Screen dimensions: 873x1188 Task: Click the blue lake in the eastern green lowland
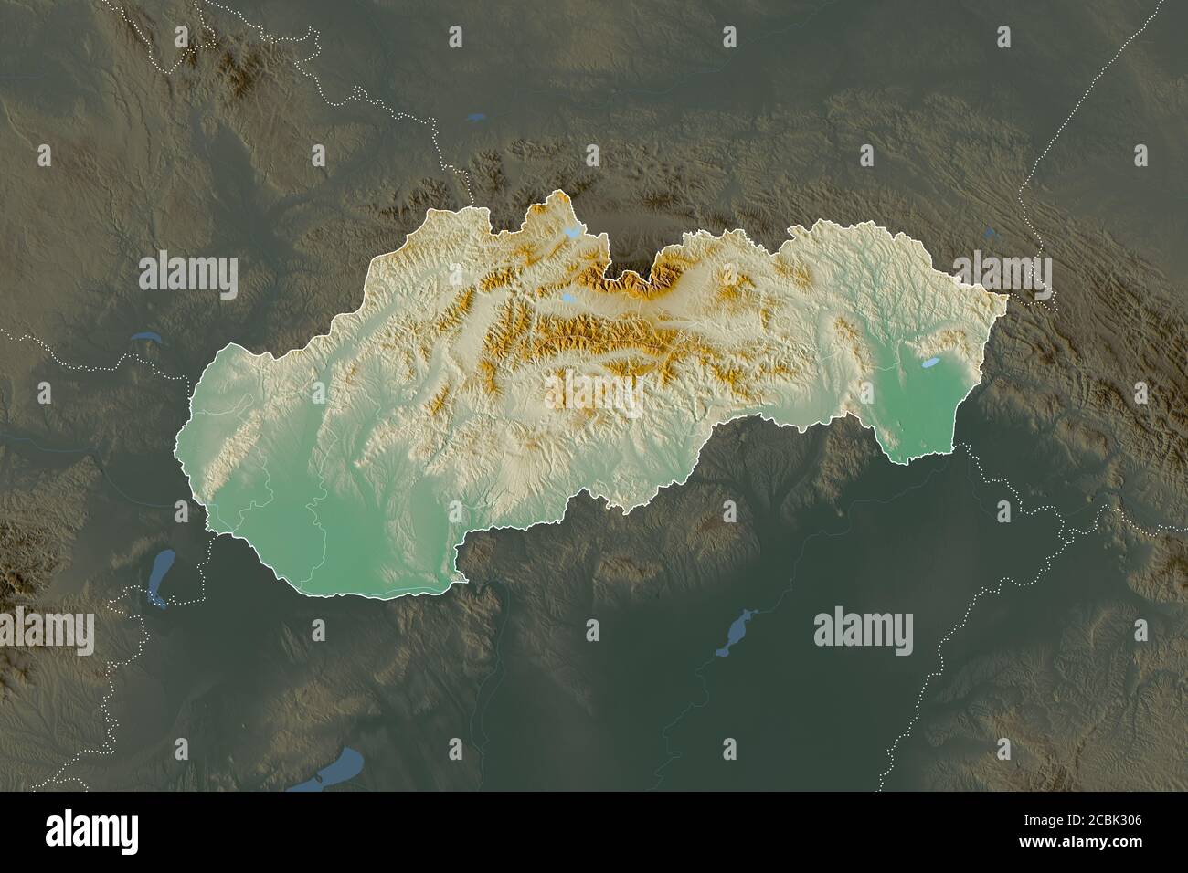click(x=929, y=363)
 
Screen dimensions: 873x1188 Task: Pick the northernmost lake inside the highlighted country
click(x=573, y=233)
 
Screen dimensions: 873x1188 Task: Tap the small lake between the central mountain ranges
click(x=567, y=299)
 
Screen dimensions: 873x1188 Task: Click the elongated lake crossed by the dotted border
click(x=161, y=577)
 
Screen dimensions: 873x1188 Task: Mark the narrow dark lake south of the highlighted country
click(x=737, y=632)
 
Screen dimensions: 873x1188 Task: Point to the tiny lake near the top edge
click(x=473, y=117)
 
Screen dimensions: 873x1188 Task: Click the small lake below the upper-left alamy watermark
click(x=143, y=335)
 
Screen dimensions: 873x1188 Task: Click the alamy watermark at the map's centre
click(x=594, y=394)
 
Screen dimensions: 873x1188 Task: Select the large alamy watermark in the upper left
click(x=188, y=274)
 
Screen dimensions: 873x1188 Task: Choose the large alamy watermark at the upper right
click(x=1002, y=274)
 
